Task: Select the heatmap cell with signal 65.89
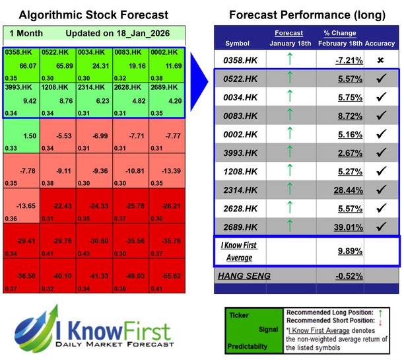[58, 66]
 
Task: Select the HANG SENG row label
[243, 275]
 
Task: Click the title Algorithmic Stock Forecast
[94, 15]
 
